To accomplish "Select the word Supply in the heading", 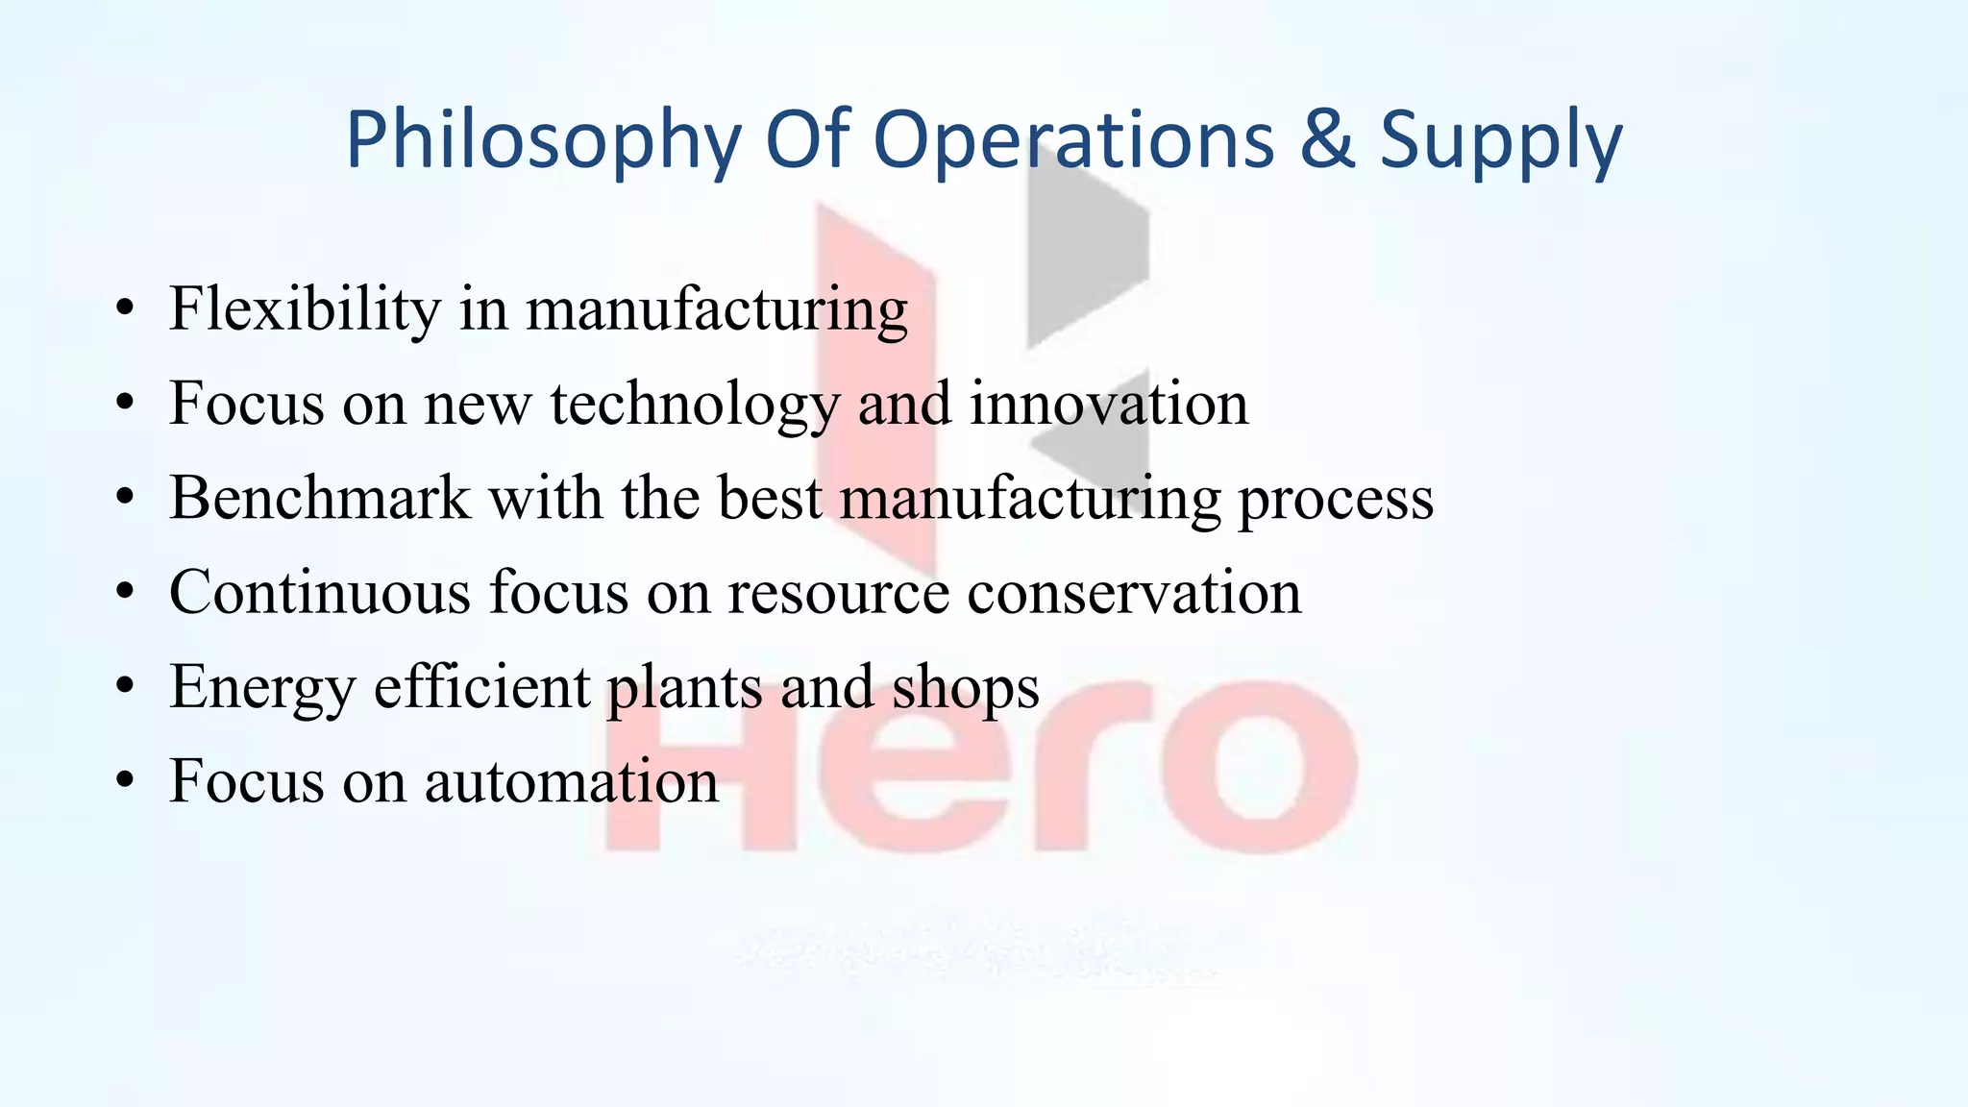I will pyautogui.click(x=1501, y=140).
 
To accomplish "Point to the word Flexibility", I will pyautogui.click(x=305, y=309).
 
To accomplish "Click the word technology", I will pyautogui.click(x=695, y=404).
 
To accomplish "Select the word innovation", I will pyautogui.click(x=1109, y=404).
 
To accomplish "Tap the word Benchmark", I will pyautogui.click(x=320, y=498).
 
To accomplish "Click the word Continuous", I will pyautogui.click(x=320, y=592).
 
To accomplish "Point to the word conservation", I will pyautogui.click(x=1134, y=592).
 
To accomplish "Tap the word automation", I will pyautogui.click(x=572, y=780).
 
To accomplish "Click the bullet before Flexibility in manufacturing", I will pyautogui.click(x=124, y=310).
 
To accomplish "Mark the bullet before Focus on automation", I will pyautogui.click(x=124, y=781).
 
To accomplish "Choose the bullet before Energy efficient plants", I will pyautogui.click(x=124, y=687).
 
